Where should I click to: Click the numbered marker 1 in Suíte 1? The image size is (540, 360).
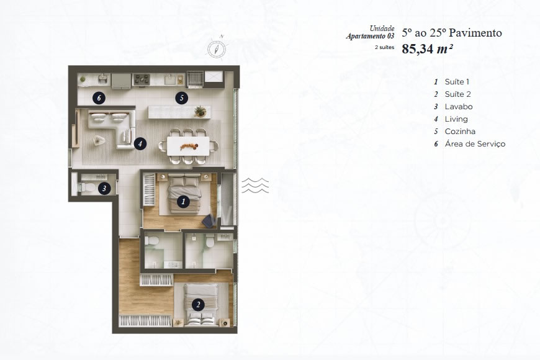pyautogui.click(x=183, y=201)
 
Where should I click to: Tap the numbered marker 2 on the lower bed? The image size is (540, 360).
pyautogui.click(x=197, y=305)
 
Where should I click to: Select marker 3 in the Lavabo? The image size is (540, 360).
pyautogui.click(x=105, y=188)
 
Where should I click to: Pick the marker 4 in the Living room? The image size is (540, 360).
pyautogui.click(x=141, y=143)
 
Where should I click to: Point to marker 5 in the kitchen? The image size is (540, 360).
pyautogui.click(x=181, y=97)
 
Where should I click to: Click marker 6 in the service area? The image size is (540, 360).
pyautogui.click(x=99, y=97)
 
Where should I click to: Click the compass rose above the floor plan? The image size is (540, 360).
pyautogui.click(x=216, y=47)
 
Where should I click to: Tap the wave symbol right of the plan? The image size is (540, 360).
pyautogui.click(x=254, y=185)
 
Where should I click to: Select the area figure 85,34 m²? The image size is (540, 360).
pyautogui.click(x=426, y=50)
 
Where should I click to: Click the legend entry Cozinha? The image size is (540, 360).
pyautogui.click(x=460, y=132)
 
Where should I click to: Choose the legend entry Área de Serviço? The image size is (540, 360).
pyautogui.click(x=475, y=144)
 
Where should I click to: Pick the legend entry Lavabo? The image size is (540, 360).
pyautogui.click(x=458, y=107)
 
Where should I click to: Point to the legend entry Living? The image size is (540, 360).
pyautogui.click(x=456, y=119)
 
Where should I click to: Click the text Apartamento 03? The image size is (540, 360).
pyautogui.click(x=370, y=37)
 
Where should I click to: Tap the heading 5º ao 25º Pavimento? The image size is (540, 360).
pyautogui.click(x=451, y=33)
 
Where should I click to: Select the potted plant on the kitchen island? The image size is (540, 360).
pyautogui.click(x=200, y=111)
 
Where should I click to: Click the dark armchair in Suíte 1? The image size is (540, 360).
pyautogui.click(x=209, y=220)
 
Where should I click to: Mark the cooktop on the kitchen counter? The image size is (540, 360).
pyautogui.click(x=141, y=79)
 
